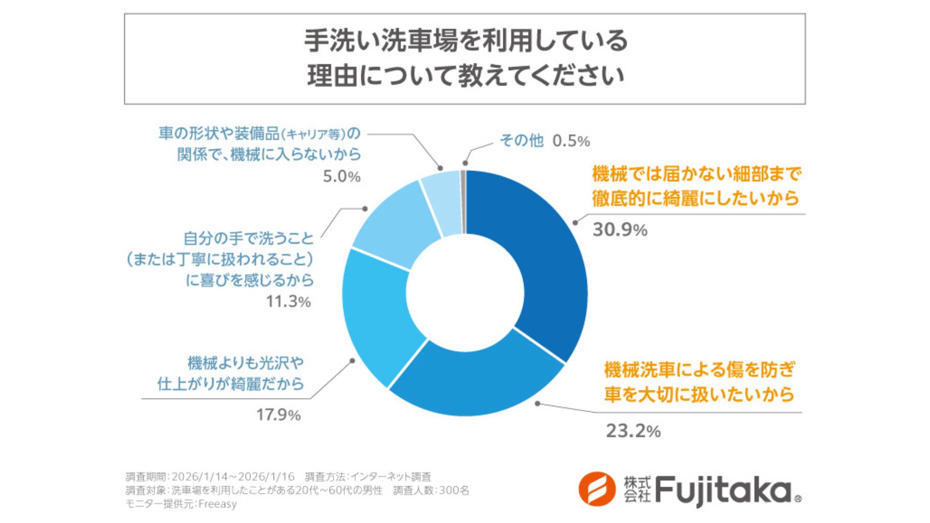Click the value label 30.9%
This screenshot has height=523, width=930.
[620, 230]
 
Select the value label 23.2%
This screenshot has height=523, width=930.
[633, 431]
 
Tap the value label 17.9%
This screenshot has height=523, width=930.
[278, 415]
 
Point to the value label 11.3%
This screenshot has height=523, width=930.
[288, 302]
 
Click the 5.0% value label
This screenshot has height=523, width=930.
[341, 177]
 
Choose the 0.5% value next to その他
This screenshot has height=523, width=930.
[571, 141]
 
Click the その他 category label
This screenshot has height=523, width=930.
[521, 140]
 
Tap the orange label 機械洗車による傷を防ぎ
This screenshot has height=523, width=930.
[699, 370]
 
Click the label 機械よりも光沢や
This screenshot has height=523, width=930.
[246, 363]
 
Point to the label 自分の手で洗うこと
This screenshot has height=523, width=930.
[248, 238]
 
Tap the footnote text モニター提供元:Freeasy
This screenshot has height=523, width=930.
[181, 504]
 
